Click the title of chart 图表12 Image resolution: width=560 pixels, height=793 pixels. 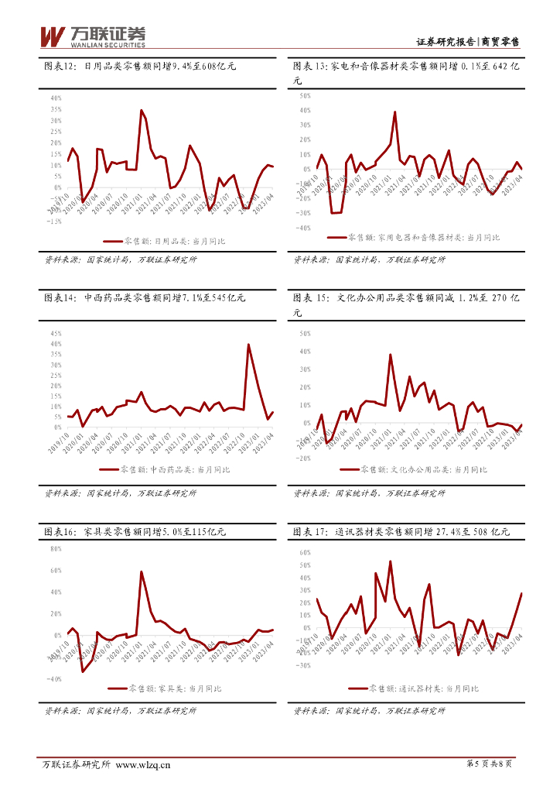tap(140, 67)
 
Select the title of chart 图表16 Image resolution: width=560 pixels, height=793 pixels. tap(135, 532)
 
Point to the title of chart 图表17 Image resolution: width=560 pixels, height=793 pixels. tap(401, 532)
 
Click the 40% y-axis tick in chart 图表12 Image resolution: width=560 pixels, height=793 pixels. tap(56, 98)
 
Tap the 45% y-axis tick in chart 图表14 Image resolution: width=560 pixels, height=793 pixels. tap(56, 333)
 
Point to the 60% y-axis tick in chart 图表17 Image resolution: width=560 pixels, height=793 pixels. tap(303, 553)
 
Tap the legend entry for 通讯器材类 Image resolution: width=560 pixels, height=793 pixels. tap(413, 688)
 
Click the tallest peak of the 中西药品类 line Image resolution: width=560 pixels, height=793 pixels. tap(248, 345)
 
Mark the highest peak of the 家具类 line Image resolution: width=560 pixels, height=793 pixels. tap(141, 572)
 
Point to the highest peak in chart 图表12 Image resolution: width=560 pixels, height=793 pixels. tap(141, 111)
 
